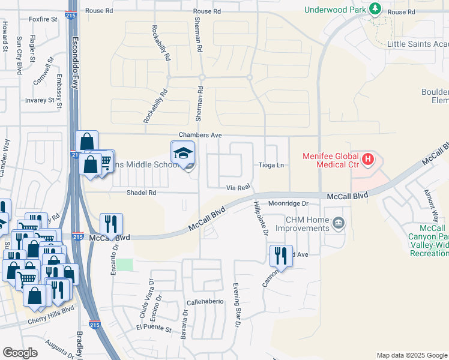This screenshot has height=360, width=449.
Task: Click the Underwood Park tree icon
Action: pos(375,9)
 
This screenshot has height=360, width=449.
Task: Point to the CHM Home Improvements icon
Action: pos(339,224)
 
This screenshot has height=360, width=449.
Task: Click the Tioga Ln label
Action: pos(271,165)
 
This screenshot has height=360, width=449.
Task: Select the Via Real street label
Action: pos(238,187)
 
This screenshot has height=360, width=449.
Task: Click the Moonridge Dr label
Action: pos(288,204)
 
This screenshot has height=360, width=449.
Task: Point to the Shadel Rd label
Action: pos(141,193)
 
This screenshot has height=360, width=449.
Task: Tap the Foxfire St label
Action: pos(43,19)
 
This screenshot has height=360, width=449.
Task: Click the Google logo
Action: pos(20,353)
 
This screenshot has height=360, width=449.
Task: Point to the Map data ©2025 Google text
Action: pos(411,355)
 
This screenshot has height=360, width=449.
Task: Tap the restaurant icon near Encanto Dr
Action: pos(111,224)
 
